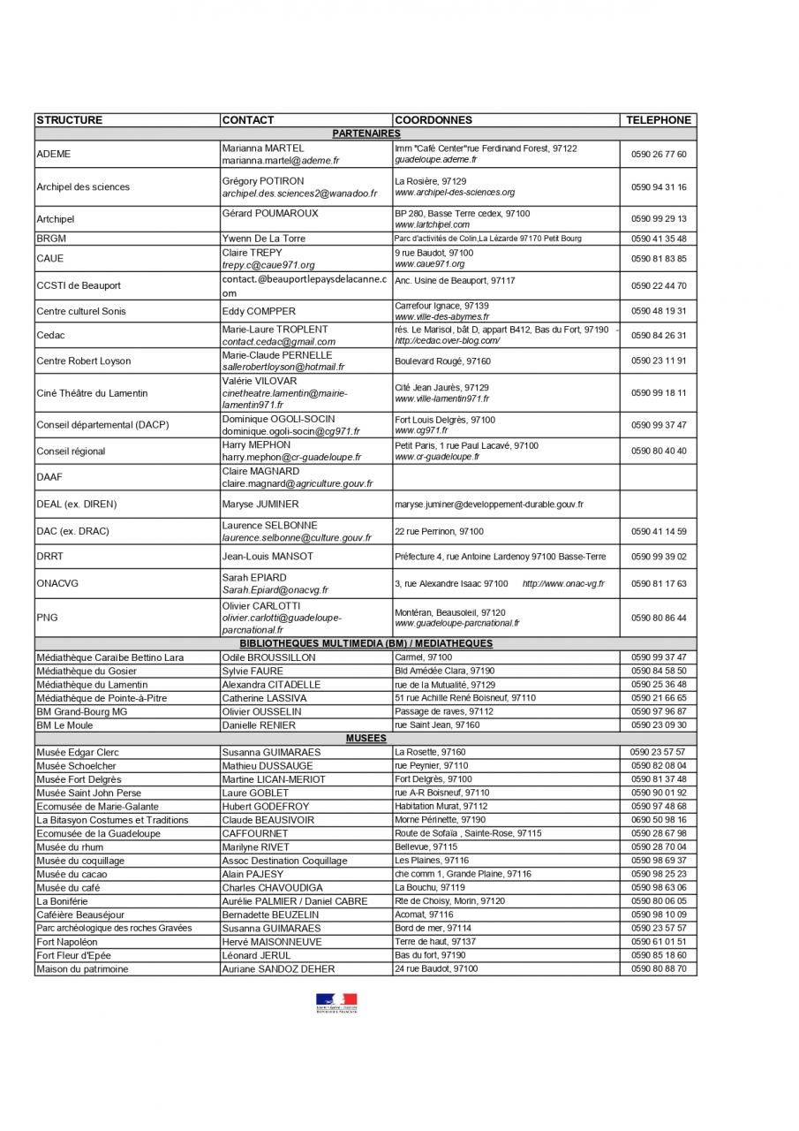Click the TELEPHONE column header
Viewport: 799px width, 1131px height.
(658, 120)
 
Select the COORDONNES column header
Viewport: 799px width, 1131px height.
(433, 120)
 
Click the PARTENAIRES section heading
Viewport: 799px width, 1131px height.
(366, 133)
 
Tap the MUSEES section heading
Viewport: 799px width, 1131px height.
(366, 738)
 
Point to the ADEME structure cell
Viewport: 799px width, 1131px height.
(54, 154)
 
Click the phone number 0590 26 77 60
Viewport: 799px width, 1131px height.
(658, 154)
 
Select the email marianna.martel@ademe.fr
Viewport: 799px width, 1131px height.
(280, 161)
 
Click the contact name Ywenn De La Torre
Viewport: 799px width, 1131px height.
(263, 239)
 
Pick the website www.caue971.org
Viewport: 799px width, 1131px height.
(429, 264)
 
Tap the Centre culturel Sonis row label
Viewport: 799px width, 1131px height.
(80, 311)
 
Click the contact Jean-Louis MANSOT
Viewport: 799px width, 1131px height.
(268, 557)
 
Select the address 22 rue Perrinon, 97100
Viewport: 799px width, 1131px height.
(439, 531)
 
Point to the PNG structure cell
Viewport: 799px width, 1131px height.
(47, 618)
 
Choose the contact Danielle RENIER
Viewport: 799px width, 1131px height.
(259, 725)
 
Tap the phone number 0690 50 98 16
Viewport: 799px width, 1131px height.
(658, 820)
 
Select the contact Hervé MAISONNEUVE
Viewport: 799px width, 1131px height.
(275, 942)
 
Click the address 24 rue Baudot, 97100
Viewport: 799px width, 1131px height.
(436, 969)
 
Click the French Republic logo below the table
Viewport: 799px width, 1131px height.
(336, 1003)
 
